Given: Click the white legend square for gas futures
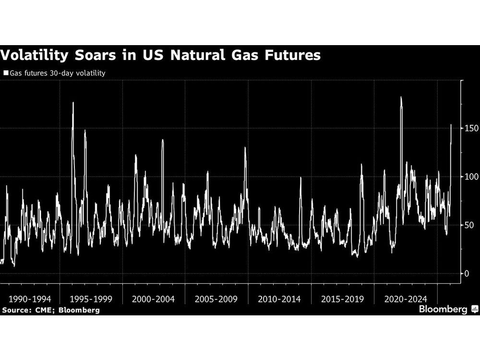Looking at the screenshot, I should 6,73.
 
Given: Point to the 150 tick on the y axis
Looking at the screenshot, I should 470,128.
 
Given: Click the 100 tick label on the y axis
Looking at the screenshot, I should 470,177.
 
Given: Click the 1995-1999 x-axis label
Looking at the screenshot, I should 91,299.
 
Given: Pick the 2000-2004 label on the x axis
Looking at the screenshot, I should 154,299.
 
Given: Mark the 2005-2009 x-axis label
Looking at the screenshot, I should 216,299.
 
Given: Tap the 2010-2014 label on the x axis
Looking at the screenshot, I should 279,299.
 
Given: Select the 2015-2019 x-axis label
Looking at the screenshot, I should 342,299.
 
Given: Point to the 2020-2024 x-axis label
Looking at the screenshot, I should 405,299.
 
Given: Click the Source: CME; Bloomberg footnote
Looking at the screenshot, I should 50,310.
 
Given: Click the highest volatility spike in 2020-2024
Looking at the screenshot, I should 401,98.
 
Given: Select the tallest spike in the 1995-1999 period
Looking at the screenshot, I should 73,103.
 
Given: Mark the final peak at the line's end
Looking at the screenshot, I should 451,125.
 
